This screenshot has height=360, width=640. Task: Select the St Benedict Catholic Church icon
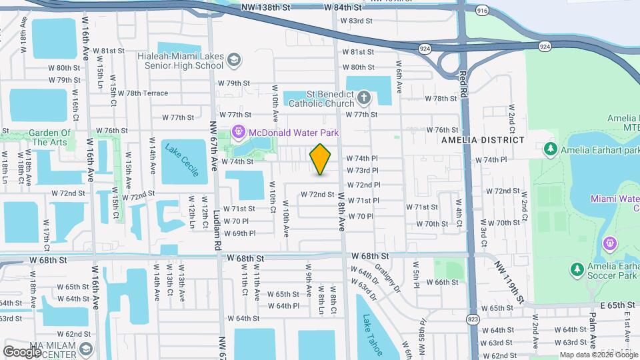point(363,99)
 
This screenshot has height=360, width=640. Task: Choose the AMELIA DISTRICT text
point(483,141)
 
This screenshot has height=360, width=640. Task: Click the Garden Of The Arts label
point(50,137)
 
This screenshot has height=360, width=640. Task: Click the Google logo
point(22,351)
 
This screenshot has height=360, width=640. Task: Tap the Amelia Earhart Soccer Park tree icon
point(577,269)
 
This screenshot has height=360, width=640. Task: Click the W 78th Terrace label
point(147,93)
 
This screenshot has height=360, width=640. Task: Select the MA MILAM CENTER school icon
point(86,349)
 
